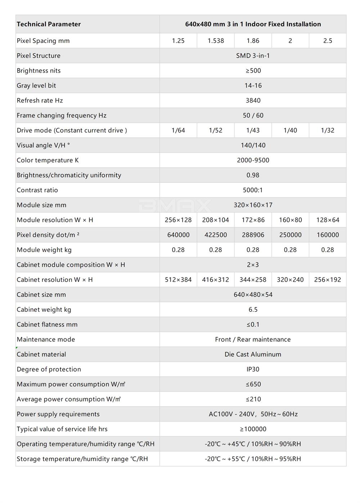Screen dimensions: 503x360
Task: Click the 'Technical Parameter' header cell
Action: point(49,24)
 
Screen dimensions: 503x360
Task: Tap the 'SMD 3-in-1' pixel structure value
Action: point(253,55)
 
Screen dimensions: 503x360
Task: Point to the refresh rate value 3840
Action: point(253,100)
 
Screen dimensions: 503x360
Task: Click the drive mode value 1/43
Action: point(253,130)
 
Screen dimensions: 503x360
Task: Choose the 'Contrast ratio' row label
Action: point(37,190)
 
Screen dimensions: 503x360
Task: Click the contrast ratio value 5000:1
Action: point(253,190)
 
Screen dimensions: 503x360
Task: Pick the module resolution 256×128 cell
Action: point(178,220)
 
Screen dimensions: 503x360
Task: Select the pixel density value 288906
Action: point(253,235)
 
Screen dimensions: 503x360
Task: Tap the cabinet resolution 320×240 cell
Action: point(290,280)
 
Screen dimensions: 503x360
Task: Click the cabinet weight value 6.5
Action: point(253,310)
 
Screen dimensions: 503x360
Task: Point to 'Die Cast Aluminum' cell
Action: point(253,354)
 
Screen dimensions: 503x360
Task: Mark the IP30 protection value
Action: point(253,369)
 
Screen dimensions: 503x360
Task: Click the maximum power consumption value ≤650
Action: point(253,384)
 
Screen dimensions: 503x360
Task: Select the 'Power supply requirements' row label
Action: point(58,414)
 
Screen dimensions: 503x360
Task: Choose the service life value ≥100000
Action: point(253,429)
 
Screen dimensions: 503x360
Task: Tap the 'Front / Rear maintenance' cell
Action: point(253,340)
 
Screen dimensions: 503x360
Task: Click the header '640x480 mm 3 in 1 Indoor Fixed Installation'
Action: point(253,24)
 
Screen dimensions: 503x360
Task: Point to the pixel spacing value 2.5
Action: point(328,41)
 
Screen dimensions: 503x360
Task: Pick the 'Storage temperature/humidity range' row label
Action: point(82,459)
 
